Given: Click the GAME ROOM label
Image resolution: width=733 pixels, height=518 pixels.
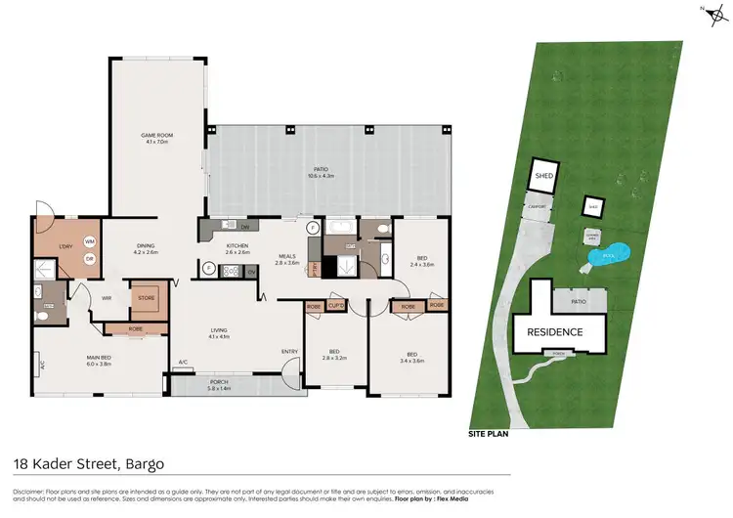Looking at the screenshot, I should tap(156, 137).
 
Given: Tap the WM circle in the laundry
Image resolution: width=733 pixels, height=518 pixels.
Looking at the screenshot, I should tap(89, 241).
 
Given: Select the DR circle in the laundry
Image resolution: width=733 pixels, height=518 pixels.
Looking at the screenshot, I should tap(89, 258).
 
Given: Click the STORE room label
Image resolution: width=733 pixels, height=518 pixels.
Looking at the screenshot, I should tap(146, 299).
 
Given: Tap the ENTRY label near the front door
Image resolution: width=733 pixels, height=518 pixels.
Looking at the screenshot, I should tap(290, 352).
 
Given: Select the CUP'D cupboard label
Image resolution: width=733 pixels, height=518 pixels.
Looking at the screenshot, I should tap(336, 306).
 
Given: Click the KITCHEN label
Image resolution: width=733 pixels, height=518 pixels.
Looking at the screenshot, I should tap(237, 246).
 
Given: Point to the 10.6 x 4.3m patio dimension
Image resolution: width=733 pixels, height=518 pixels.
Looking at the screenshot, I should tap(322, 176).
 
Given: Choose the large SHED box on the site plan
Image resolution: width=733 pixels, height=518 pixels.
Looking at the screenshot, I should tap(543, 177).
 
